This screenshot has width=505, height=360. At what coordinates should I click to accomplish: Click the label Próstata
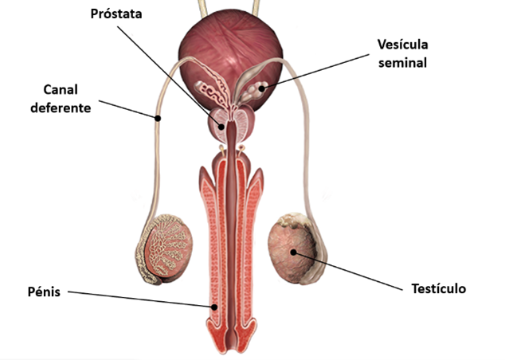pyautogui.click(x=116, y=14)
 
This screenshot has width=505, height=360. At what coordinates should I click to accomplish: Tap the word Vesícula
pyautogui.click(x=402, y=45)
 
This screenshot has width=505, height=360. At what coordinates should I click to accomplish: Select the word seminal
pyautogui.click(x=402, y=62)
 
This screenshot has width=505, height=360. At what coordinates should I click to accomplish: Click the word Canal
pyautogui.click(x=61, y=89)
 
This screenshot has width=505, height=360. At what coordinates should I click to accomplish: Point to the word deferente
pyautogui.click(x=61, y=108)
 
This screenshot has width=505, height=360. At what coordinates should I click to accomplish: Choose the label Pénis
pyautogui.click(x=44, y=292)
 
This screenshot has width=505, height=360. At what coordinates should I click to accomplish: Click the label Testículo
pyautogui.click(x=439, y=288)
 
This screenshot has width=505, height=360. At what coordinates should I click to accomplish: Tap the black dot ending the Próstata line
pyautogui.click(x=221, y=127)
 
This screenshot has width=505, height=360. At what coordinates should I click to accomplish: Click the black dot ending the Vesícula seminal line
pyautogui.click(x=262, y=88)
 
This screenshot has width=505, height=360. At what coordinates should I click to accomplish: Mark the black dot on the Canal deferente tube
pyautogui.click(x=158, y=118)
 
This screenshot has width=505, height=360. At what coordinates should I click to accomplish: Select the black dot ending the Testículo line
pyautogui.click(x=293, y=252)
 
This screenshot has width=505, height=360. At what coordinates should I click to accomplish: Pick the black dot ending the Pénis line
pyautogui.click(x=213, y=307)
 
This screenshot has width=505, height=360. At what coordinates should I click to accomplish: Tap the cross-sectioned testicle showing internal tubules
pyautogui.click(x=164, y=249)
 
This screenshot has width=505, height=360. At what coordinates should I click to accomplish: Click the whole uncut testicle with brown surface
pyautogui.click(x=296, y=248)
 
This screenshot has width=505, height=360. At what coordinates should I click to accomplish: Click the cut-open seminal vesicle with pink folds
pyautogui.click(x=213, y=89)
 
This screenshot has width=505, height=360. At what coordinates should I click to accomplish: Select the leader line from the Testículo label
pyautogui.click(x=348, y=271)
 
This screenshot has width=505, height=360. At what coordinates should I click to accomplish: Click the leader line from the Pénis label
pyautogui.click(x=141, y=299)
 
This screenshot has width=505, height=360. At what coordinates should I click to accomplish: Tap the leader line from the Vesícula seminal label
pyautogui.click(x=315, y=72)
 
